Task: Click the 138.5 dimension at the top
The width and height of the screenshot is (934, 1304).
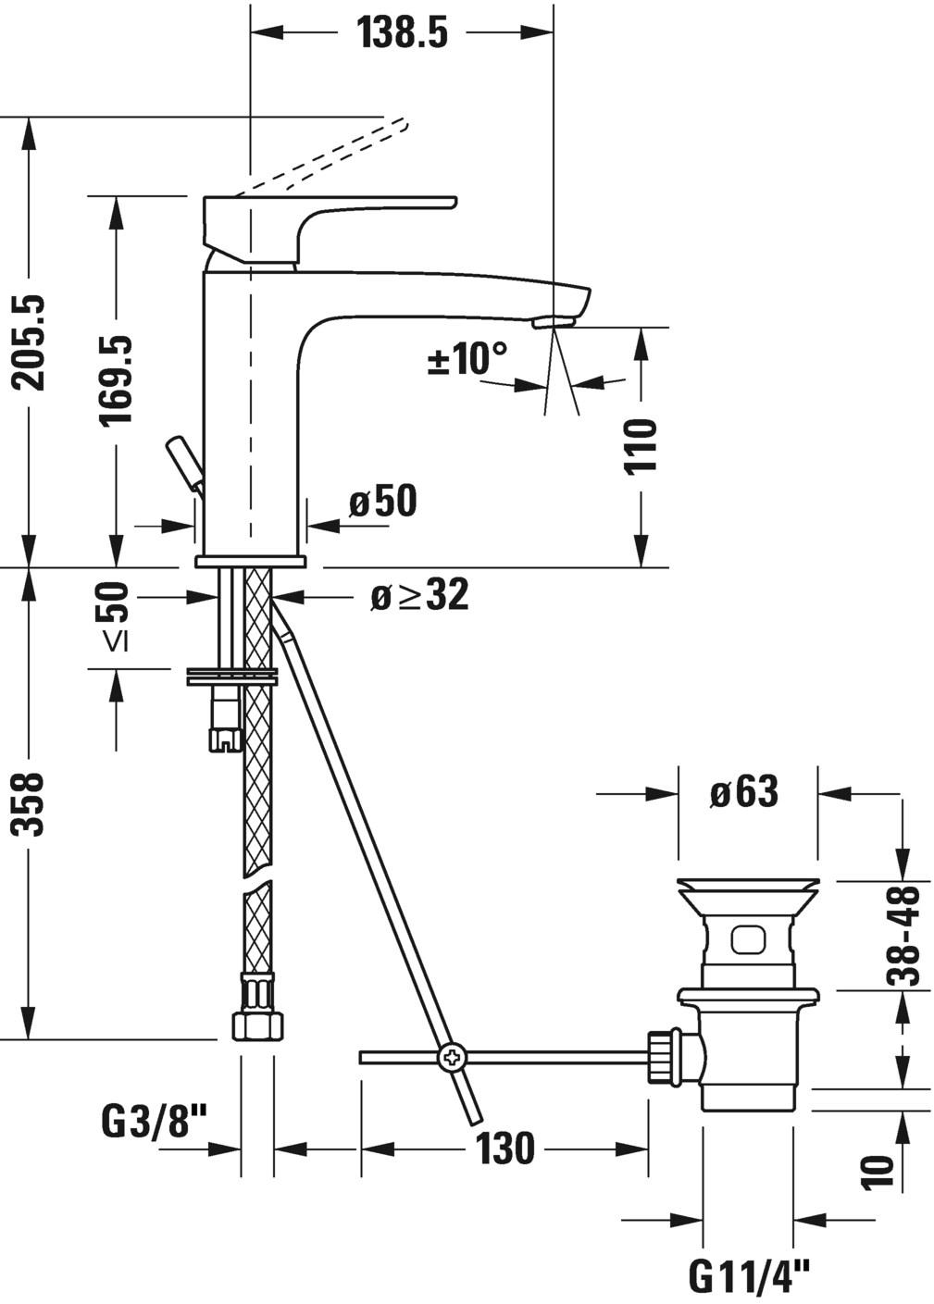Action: click(x=402, y=33)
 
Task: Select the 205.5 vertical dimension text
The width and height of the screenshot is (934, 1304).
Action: click(x=32, y=342)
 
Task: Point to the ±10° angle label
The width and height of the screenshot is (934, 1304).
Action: click(x=467, y=359)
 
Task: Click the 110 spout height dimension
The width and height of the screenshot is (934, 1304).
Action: click(x=640, y=446)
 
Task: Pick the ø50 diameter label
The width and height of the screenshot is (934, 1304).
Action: click(x=382, y=502)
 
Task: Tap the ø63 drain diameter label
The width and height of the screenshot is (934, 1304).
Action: click(x=744, y=792)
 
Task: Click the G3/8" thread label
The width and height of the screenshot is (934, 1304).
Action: click(x=153, y=1124)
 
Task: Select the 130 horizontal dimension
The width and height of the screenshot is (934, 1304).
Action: click(x=505, y=1149)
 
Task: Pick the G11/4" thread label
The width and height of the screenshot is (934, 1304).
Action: click(x=749, y=1278)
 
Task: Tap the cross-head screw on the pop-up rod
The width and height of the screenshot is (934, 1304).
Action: click(x=453, y=1056)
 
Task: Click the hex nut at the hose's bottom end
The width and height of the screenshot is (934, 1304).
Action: click(x=256, y=1026)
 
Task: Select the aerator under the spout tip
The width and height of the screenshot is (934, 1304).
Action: click(x=554, y=321)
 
